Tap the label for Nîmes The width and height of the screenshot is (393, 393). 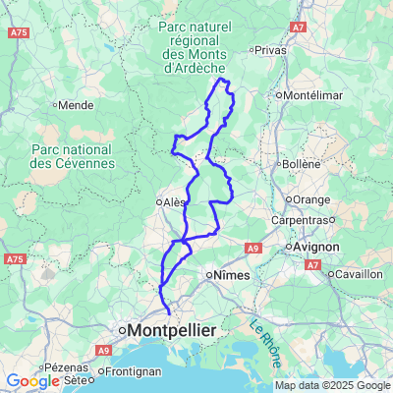tap(232, 276)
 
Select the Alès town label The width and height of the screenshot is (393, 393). tap(175, 202)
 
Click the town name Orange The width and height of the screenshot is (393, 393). tap(311, 199)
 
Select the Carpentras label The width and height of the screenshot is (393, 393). tap(300, 221)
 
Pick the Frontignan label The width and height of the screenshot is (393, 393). tap(127, 373)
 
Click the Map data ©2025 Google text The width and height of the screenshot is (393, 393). tap(331, 385)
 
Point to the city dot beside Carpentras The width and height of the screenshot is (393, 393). tap(332, 221)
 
